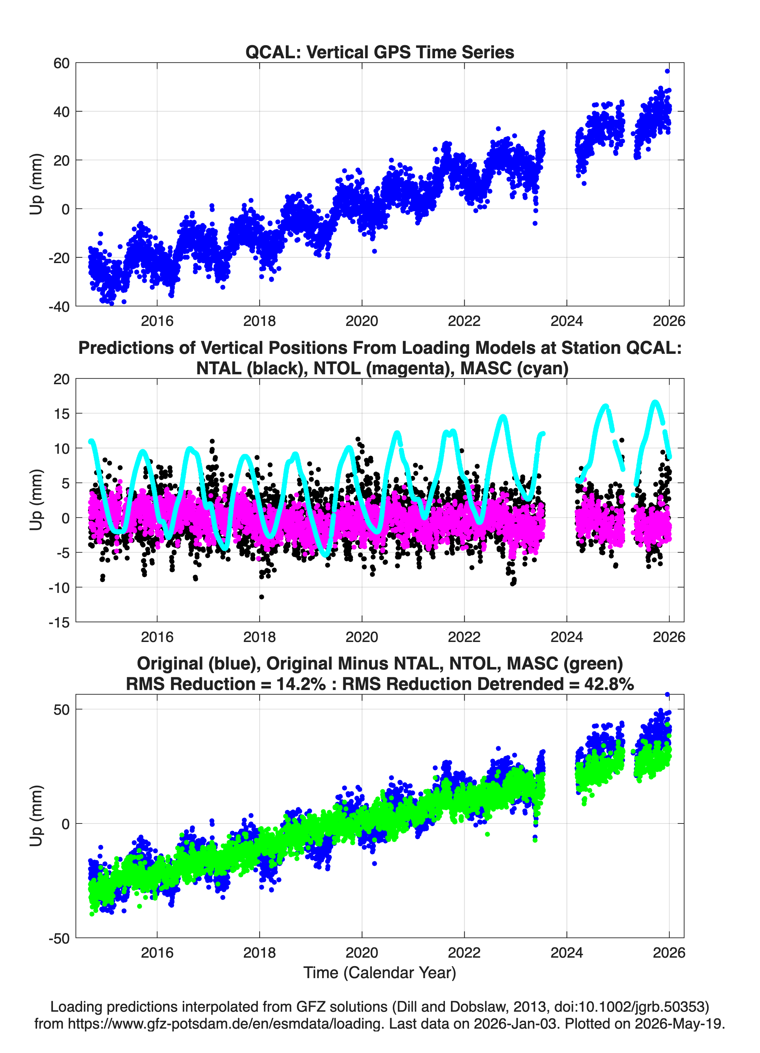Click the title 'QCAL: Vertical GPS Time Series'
[380, 52]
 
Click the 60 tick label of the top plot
[61, 63]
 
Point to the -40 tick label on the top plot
[59, 307]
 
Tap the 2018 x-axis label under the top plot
[259, 321]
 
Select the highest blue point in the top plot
[667, 71]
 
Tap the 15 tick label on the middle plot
[61, 414]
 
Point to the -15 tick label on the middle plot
[59, 623]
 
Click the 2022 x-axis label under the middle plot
[464, 637]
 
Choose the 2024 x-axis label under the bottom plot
[567, 953]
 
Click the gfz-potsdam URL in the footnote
[226, 1024]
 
